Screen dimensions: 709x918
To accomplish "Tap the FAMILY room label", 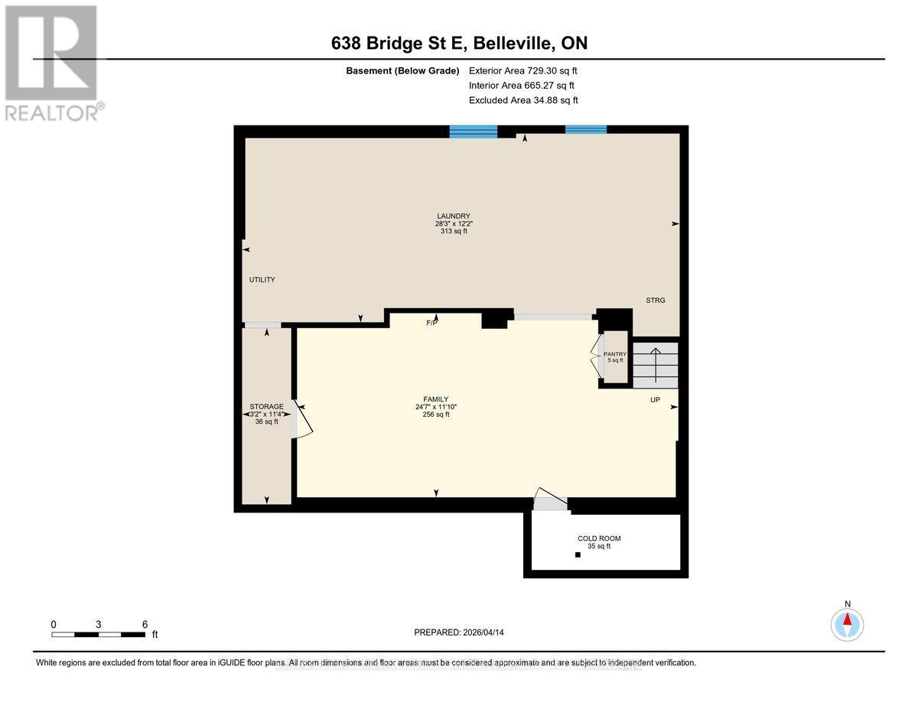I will click(x=436, y=406).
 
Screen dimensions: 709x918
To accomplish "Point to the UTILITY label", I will click(x=262, y=280).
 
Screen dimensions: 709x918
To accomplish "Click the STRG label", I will click(x=656, y=301).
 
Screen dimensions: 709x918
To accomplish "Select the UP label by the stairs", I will click(x=655, y=399).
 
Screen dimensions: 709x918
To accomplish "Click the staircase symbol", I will click(x=656, y=365).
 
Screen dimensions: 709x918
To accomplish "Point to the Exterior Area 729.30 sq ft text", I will click(x=522, y=70).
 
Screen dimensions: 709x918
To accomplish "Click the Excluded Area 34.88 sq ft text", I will click(x=522, y=100).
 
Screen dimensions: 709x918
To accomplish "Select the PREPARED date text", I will click(x=458, y=633).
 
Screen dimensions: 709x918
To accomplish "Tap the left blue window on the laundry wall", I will click(x=473, y=132).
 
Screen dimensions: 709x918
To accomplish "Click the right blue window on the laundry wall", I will click(x=586, y=129).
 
